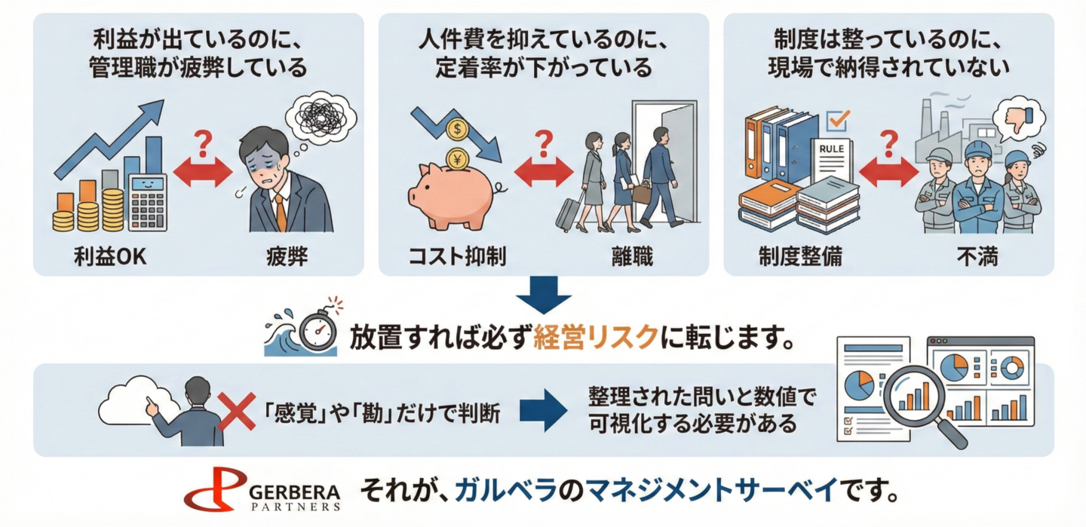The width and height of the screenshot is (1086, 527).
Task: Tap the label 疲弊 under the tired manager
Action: pyautogui.click(x=287, y=258)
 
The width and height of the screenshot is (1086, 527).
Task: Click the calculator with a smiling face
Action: pyautogui.click(x=147, y=201)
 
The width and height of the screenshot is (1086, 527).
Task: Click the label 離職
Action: pyautogui.click(x=632, y=258)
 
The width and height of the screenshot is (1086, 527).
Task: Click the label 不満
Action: pyautogui.click(x=978, y=258)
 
